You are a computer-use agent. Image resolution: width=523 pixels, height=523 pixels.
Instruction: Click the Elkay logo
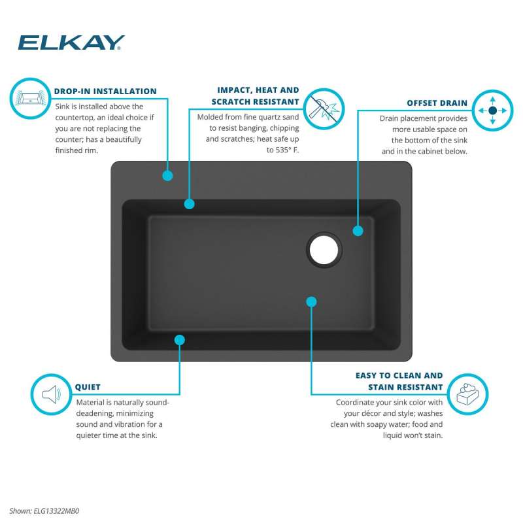click(71, 42)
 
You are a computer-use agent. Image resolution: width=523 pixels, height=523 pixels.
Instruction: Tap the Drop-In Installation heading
click(105, 92)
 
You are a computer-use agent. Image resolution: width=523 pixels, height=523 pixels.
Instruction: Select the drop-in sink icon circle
click(30, 99)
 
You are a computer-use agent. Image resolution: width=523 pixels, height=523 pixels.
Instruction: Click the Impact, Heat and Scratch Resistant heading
click(255, 95)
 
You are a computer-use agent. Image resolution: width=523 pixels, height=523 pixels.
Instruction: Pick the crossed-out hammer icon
click(324, 109)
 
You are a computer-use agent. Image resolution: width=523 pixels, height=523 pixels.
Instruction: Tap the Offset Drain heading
click(437, 103)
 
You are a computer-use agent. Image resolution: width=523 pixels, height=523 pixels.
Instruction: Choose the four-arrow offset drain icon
click(493, 110)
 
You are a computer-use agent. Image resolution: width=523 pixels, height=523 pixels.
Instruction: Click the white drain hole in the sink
click(324, 250)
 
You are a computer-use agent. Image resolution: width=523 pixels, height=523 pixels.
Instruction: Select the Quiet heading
click(88, 387)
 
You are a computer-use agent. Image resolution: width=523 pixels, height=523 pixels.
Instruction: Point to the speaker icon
click(52, 394)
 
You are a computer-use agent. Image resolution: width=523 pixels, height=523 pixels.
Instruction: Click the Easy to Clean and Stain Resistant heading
click(399, 381)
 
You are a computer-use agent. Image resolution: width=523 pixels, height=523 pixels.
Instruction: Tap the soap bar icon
click(467, 394)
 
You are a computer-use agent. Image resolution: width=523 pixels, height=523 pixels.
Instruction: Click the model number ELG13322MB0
click(56, 511)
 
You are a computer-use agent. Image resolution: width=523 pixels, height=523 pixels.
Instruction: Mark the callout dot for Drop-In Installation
click(167, 175)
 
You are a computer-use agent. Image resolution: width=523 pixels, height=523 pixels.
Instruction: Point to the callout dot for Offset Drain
click(358, 231)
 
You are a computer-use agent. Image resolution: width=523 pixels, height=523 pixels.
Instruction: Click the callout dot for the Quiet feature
click(179, 340)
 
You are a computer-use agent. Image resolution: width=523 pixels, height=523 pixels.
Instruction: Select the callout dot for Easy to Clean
click(311, 302)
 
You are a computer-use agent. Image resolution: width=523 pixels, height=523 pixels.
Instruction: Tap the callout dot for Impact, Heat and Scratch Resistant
click(189, 204)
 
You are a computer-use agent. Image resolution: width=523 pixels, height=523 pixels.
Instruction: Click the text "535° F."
click(287, 150)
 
